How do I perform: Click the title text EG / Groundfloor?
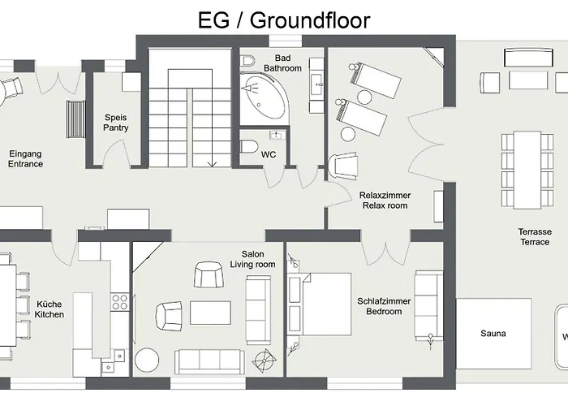click(x=284, y=20)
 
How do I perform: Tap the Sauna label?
click(x=493, y=334)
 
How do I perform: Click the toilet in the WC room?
click(x=249, y=146)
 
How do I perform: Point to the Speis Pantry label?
click(x=116, y=123)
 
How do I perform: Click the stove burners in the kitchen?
click(x=119, y=302)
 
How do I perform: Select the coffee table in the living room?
click(x=210, y=313)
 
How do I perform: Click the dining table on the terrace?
click(x=527, y=170)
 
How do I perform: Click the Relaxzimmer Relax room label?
click(x=385, y=201)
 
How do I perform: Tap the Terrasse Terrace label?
click(x=535, y=237)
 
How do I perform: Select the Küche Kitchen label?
click(x=49, y=309)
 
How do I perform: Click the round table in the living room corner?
click(x=147, y=360)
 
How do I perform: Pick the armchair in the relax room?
click(x=344, y=166)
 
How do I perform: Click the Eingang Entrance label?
click(x=25, y=159)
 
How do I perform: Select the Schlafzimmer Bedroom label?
click(x=384, y=306)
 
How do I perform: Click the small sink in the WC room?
click(x=278, y=136)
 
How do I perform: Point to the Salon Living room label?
click(x=253, y=259)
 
